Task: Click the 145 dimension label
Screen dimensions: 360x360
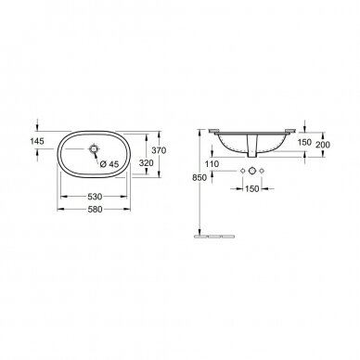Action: [37, 141]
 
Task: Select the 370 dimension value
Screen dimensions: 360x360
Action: [160, 150]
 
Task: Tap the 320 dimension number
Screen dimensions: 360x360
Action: [147, 163]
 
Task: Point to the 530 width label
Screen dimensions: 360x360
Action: [95, 197]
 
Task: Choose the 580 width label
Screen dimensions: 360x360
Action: [95, 210]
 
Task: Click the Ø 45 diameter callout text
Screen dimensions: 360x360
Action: [109, 164]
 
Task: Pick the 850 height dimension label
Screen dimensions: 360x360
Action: [199, 178]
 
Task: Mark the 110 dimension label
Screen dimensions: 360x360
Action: [212, 164]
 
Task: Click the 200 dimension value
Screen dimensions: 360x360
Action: [323, 145]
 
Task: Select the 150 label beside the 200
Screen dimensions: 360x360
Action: [304, 142]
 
